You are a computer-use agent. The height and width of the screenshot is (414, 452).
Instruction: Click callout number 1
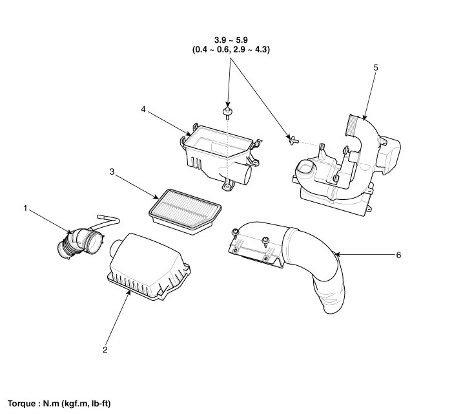[25, 208]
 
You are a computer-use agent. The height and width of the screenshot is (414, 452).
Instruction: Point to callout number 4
[143, 109]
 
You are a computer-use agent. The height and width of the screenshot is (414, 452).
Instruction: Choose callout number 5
[375, 67]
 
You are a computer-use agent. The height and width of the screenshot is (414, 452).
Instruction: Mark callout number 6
[398, 255]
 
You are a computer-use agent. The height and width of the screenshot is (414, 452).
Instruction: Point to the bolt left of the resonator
[292, 138]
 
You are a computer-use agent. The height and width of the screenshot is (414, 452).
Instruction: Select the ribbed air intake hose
[81, 243]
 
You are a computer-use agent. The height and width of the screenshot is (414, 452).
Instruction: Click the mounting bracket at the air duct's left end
[255, 249]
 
